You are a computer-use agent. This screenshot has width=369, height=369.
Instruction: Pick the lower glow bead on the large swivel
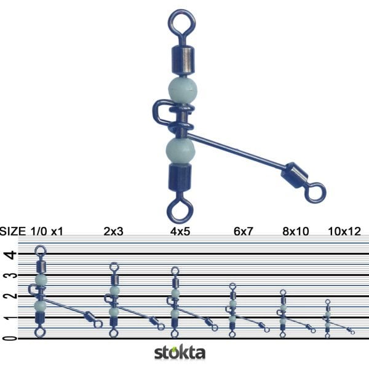(x=180, y=149)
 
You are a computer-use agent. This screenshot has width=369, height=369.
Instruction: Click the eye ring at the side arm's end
(x=315, y=192)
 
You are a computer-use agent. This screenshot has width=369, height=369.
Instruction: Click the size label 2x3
(x=113, y=232)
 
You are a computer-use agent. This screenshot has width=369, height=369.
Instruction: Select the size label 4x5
(x=178, y=232)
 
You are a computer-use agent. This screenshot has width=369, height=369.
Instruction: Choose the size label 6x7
(x=242, y=232)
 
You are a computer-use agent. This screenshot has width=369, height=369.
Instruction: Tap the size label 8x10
(x=293, y=232)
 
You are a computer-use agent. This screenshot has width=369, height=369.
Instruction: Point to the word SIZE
(x=13, y=232)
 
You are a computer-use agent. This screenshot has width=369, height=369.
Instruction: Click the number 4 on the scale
(x=7, y=254)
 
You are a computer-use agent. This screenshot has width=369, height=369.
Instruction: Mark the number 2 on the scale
(x=7, y=296)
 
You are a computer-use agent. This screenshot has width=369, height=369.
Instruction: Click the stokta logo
(x=180, y=353)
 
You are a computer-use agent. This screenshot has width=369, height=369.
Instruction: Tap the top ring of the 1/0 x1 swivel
(x=41, y=250)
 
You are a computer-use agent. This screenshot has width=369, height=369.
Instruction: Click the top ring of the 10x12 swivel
(x=328, y=302)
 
